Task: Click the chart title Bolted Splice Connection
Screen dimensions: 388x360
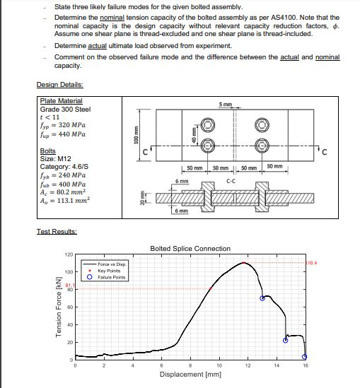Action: point(190,248)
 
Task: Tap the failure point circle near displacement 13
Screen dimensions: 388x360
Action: point(262,298)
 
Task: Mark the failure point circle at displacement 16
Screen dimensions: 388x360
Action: point(305,356)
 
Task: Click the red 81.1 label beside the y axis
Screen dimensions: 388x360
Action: point(70,285)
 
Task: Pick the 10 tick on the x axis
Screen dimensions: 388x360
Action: point(219,365)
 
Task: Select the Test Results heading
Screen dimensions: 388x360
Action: point(55,232)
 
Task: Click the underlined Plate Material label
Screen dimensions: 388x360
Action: point(61,101)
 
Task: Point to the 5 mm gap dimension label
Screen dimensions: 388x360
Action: point(225,105)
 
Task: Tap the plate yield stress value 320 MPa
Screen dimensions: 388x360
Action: point(66,125)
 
